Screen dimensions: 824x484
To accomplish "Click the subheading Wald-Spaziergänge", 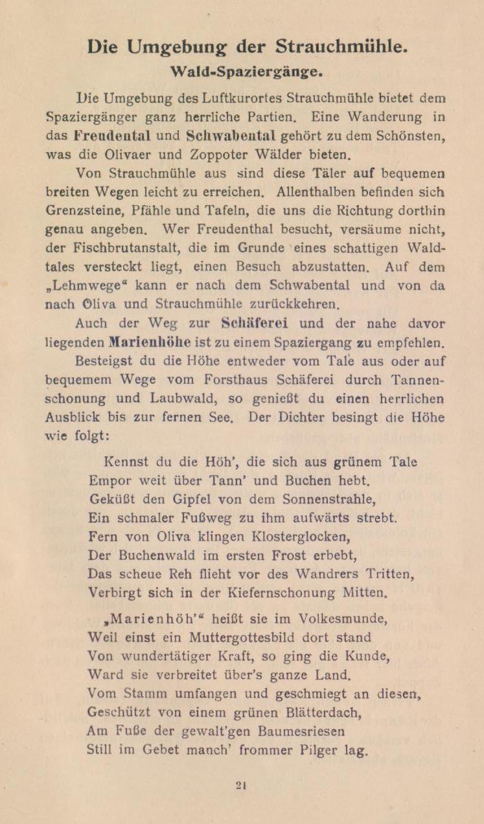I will pos(242,71).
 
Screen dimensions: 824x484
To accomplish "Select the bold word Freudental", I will pos(112,137).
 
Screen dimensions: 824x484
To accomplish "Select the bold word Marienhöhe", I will pos(150,341).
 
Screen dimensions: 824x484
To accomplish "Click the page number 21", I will pos(241,785).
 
